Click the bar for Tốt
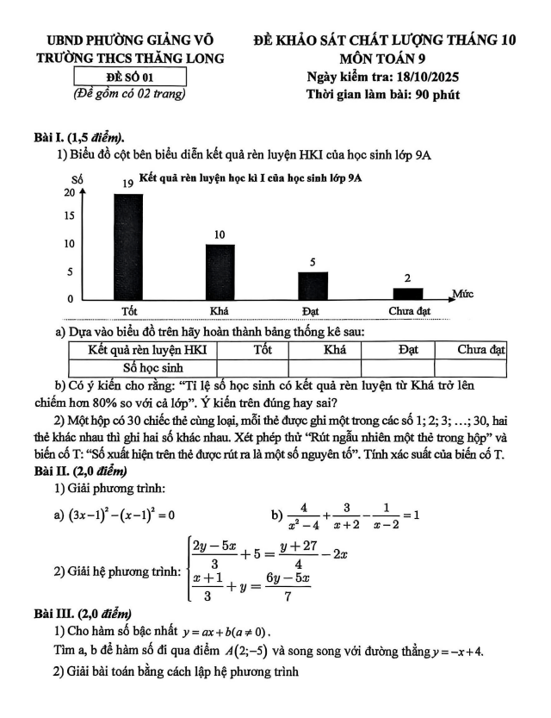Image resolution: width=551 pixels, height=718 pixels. pyautogui.click(x=128, y=246)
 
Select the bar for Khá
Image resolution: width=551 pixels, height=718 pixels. pyautogui.click(x=220, y=272)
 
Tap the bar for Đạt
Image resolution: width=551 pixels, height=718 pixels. pyautogui.click(x=313, y=285)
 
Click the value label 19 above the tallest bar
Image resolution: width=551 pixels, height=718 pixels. pyautogui.click(x=127, y=184)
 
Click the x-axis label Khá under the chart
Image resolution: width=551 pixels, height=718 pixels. pyautogui.click(x=219, y=310)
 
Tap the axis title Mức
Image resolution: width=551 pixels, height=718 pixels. pyautogui.click(x=463, y=294)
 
